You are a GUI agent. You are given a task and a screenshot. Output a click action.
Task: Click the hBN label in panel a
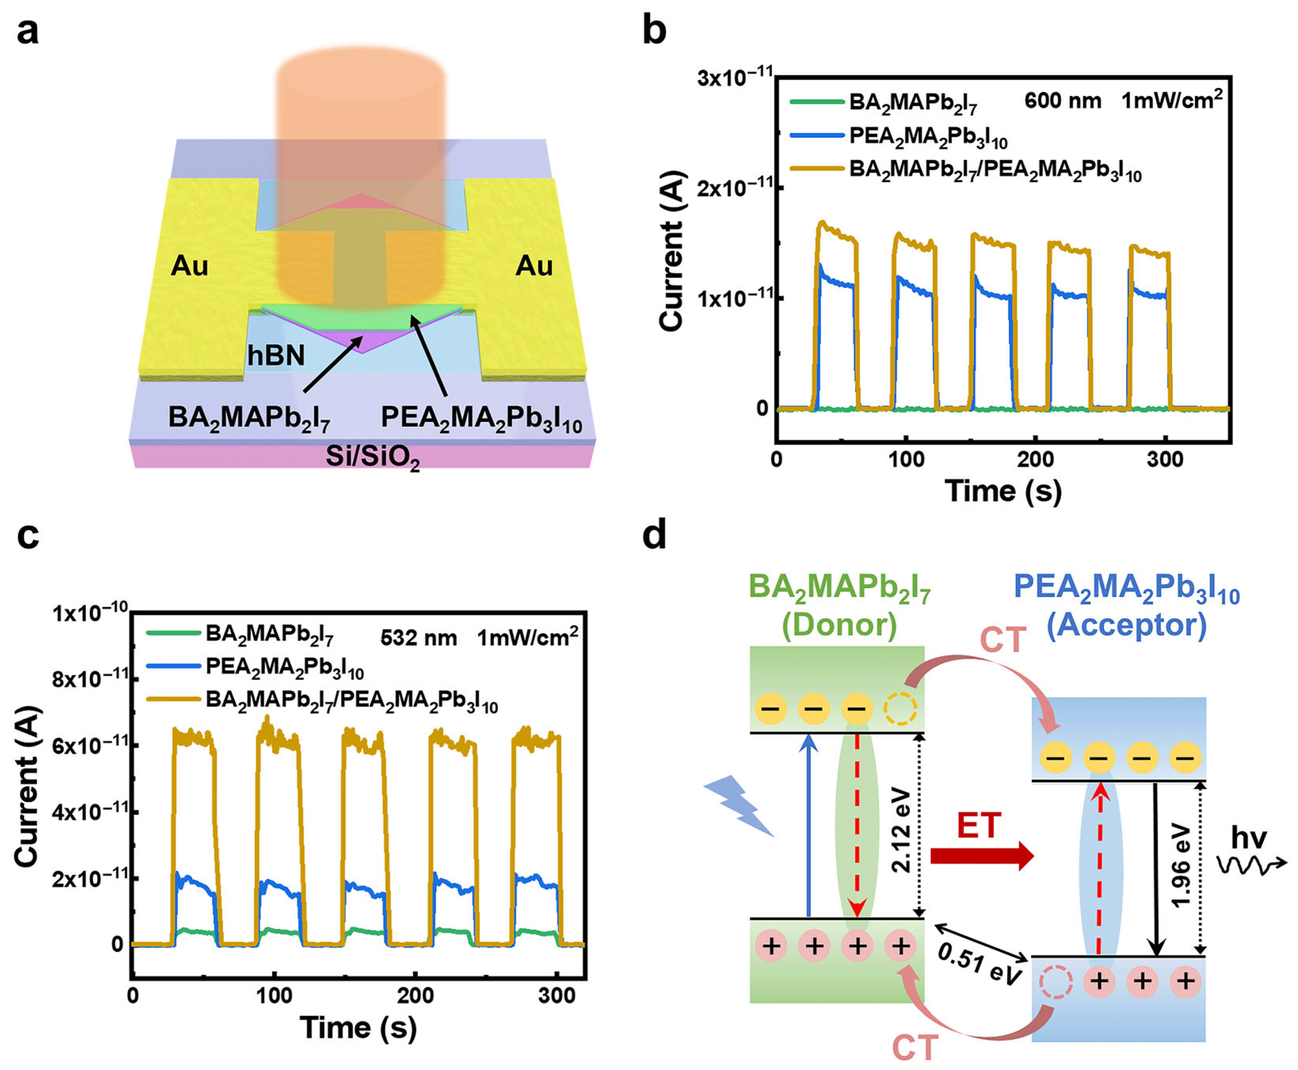point(276,356)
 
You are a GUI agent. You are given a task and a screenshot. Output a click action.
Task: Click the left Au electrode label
point(189,266)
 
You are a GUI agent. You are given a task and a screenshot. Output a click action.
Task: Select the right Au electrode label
point(534,266)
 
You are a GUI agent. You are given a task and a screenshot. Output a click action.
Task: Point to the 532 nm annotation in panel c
point(419,637)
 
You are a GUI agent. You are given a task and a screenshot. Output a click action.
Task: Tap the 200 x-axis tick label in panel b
point(1035,460)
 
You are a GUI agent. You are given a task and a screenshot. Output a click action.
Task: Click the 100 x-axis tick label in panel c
point(274,996)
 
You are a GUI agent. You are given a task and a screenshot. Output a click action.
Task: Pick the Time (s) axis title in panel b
point(1003,491)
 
